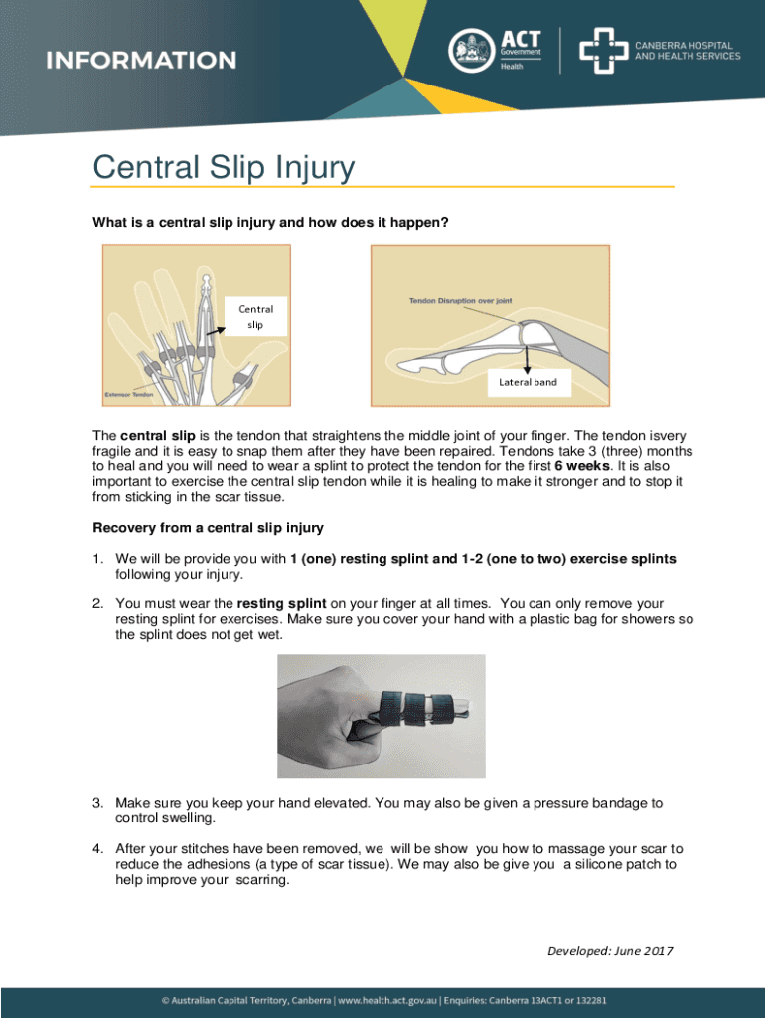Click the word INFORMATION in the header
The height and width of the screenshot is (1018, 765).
[x=141, y=60]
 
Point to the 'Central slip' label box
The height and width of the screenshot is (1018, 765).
[x=255, y=317]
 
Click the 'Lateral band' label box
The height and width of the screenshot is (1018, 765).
[x=527, y=382]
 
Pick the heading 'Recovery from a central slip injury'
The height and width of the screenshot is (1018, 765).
[x=208, y=527]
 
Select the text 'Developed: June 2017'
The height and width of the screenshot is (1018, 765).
[x=610, y=952]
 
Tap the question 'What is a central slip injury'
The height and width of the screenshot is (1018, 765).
[x=270, y=223]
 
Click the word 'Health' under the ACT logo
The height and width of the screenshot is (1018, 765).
[x=511, y=66]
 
